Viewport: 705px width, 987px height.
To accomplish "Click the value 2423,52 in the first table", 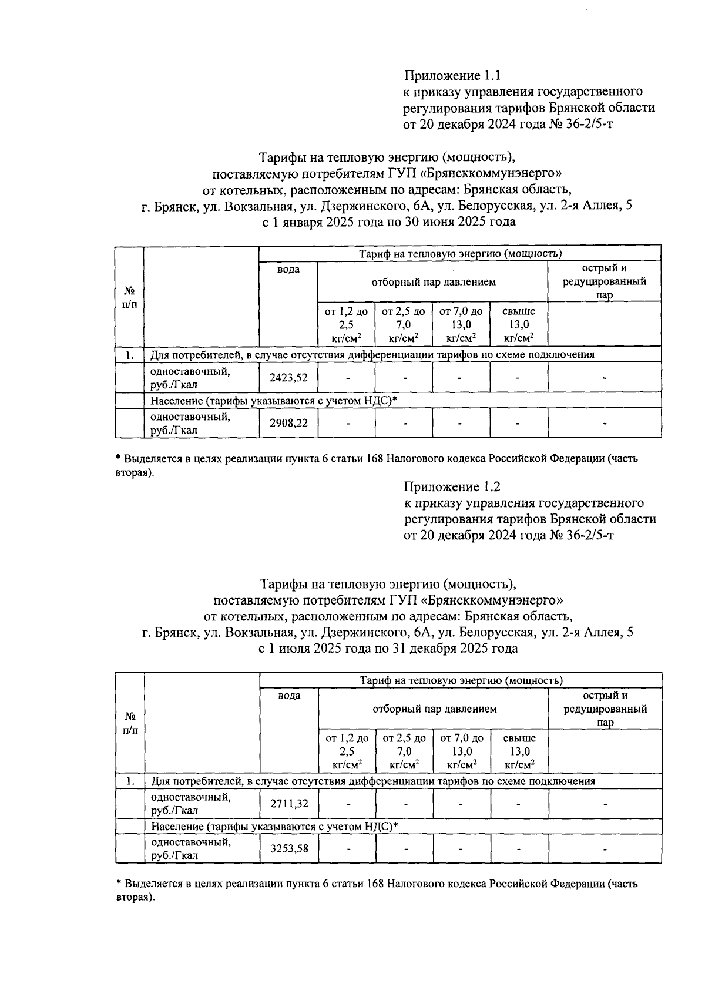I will [288, 378].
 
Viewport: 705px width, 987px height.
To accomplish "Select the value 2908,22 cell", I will [288, 423].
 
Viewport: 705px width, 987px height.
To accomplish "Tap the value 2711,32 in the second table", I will [288, 803].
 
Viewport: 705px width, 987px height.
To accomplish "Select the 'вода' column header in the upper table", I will [288, 269].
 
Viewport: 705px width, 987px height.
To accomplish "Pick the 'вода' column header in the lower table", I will [288, 696].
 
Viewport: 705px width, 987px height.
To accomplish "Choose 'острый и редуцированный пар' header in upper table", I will [604, 281].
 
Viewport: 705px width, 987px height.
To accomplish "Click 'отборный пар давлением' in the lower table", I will [434, 709].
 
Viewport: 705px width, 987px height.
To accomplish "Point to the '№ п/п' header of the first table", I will [129, 297].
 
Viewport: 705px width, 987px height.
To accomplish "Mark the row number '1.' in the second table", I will [130, 781].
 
